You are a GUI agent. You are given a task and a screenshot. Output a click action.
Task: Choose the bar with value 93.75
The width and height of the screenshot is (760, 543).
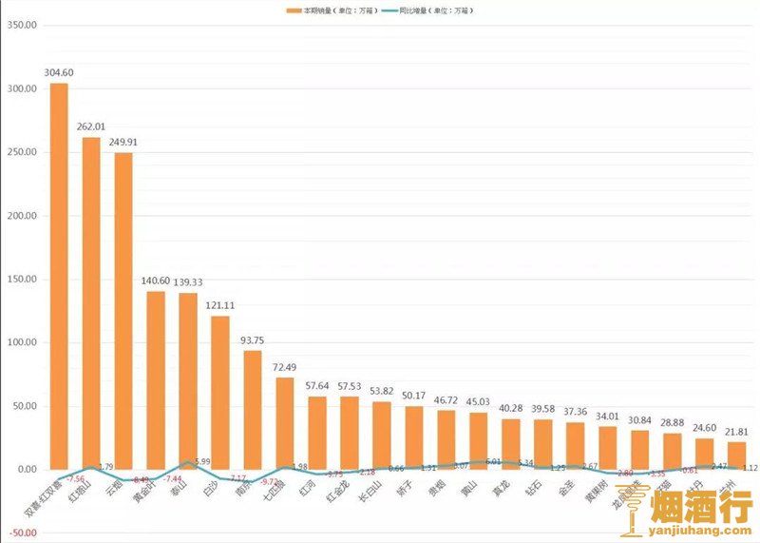coord(252,409)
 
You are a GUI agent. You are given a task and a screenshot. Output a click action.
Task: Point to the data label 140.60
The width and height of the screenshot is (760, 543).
coord(156,281)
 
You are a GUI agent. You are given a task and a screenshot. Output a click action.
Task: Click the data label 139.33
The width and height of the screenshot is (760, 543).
coord(188,282)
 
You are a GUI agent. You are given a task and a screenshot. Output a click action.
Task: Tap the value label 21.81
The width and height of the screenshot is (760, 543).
coord(736,432)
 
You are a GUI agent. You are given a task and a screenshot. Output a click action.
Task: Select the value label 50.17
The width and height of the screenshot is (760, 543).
coord(413,396)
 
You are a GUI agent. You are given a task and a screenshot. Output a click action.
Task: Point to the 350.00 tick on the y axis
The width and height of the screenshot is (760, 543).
coord(21,26)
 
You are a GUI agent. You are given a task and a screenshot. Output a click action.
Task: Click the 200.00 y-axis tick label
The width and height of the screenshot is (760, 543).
coord(21,216)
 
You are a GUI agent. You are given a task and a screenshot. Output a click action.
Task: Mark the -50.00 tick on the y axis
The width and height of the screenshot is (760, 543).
coord(21,533)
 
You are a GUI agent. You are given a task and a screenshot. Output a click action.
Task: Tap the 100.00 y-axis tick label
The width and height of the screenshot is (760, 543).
coord(21,342)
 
